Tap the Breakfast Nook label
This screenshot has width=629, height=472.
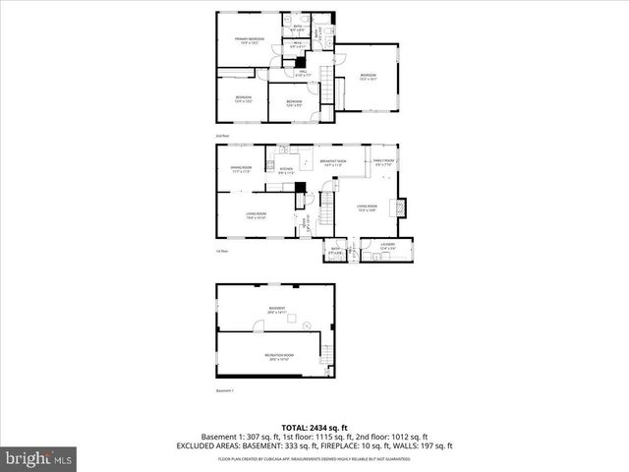tap(330, 163)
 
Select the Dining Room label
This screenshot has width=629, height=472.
tap(242, 169)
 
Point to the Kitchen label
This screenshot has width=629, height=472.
tap(286, 171)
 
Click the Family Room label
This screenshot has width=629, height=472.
tap(383, 162)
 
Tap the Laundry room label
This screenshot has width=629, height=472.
tap(386, 246)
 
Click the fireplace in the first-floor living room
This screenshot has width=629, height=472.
tap(398, 207)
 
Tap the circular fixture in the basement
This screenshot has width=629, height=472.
tap(307, 324)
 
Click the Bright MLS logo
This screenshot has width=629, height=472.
tap(39, 457)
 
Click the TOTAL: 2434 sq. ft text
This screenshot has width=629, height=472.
tap(314, 427)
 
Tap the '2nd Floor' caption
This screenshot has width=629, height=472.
tap(223, 136)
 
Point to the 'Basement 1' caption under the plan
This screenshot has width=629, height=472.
tap(226, 390)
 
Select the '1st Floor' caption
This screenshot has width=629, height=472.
tap(223, 251)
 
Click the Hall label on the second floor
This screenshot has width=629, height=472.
tap(304, 73)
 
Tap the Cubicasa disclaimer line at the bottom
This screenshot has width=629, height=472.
tap(314, 458)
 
